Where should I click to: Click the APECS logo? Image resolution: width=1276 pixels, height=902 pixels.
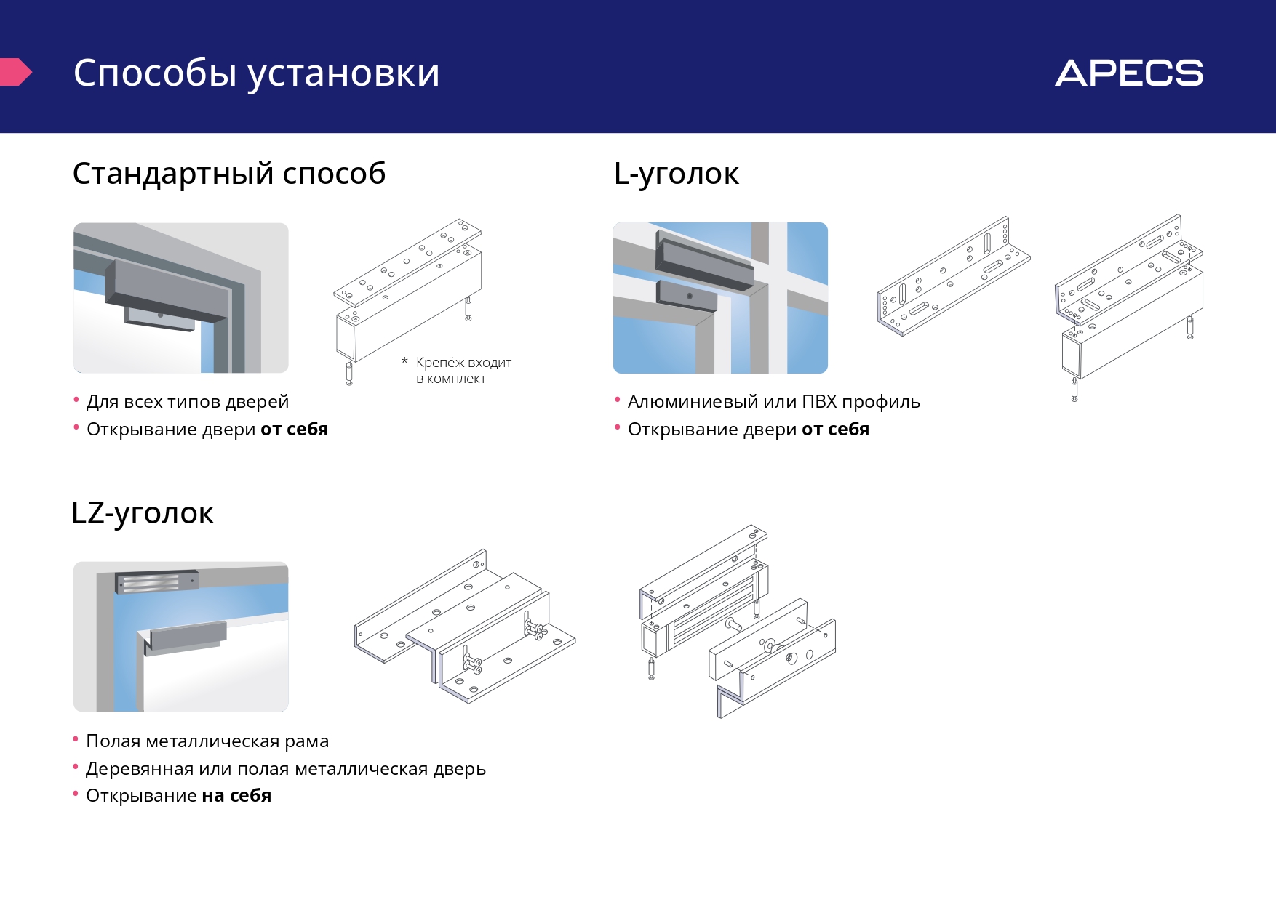pyautogui.click(x=1128, y=73)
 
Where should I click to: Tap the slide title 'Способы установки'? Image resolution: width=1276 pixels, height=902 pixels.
pyautogui.click(x=256, y=73)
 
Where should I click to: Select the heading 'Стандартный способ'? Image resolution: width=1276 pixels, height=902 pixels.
pyautogui.click(x=228, y=174)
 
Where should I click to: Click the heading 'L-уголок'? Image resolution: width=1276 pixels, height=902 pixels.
pyautogui.click(x=676, y=174)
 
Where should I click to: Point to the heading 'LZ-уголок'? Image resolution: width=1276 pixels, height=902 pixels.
pyautogui.click(x=143, y=513)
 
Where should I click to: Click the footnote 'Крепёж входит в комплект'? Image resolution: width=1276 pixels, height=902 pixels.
pyautogui.click(x=463, y=370)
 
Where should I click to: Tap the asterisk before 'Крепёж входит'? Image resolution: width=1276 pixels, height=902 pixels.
pyautogui.click(x=404, y=361)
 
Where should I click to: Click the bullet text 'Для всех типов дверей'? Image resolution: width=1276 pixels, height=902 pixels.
pyautogui.click(x=187, y=402)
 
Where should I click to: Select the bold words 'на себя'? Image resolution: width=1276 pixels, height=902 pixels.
pyautogui.click(x=236, y=796)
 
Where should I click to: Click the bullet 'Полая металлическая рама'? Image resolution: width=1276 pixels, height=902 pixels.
pyautogui.click(x=207, y=741)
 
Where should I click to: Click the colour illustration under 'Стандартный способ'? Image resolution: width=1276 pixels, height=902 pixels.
pyautogui.click(x=181, y=298)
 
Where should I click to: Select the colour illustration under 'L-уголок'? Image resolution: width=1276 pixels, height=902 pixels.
pyautogui.click(x=720, y=298)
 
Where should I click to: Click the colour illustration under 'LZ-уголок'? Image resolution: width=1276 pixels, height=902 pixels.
pyautogui.click(x=181, y=637)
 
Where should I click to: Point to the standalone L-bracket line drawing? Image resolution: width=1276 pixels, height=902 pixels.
pyautogui.click(x=953, y=276)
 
